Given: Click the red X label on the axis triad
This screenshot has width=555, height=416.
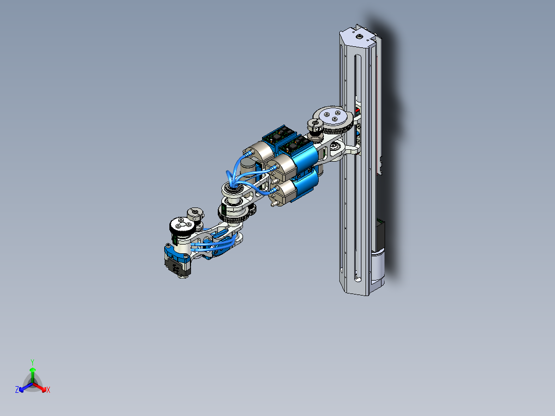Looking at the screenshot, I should coord(48,390).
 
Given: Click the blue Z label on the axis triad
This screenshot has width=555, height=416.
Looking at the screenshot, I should coord(17,390).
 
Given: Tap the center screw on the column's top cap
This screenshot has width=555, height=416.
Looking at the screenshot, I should coord(358,37).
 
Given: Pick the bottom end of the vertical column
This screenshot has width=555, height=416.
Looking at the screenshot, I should coord(359,288).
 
